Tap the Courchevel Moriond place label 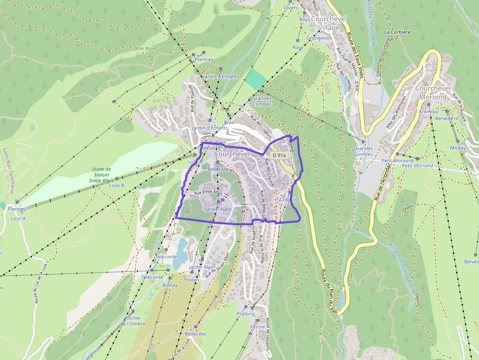[x=431, y=93]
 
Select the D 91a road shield [x=279, y=155]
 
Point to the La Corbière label [x=397, y=32]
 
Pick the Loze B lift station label [x=117, y=186]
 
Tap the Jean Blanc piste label [x=145, y=49]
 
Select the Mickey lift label [x=458, y=148]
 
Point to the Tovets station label [x=290, y=8]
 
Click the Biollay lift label [x=170, y=285]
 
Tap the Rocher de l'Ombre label [x=133, y=320]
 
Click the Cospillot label [x=289, y=200]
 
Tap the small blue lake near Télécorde [x=181, y=250]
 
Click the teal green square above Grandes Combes [x=257, y=79]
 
